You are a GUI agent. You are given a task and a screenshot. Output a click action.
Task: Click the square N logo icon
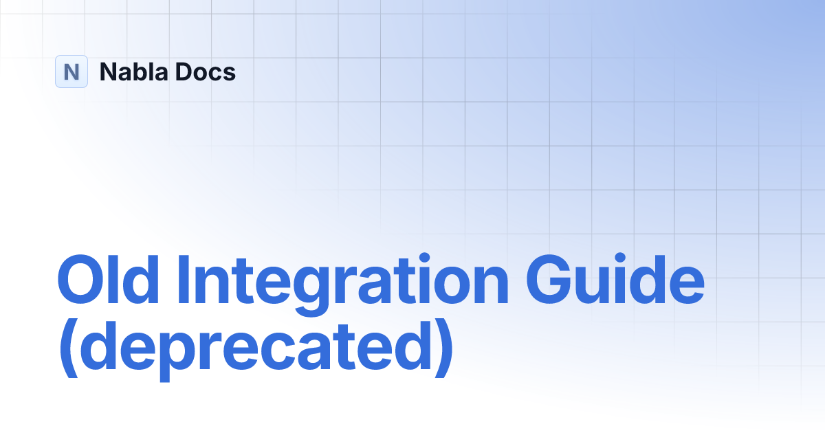click(x=71, y=71)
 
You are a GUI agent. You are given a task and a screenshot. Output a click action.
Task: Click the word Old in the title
click(x=111, y=280)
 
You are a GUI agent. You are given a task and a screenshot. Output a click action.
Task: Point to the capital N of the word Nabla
click(x=107, y=71)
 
